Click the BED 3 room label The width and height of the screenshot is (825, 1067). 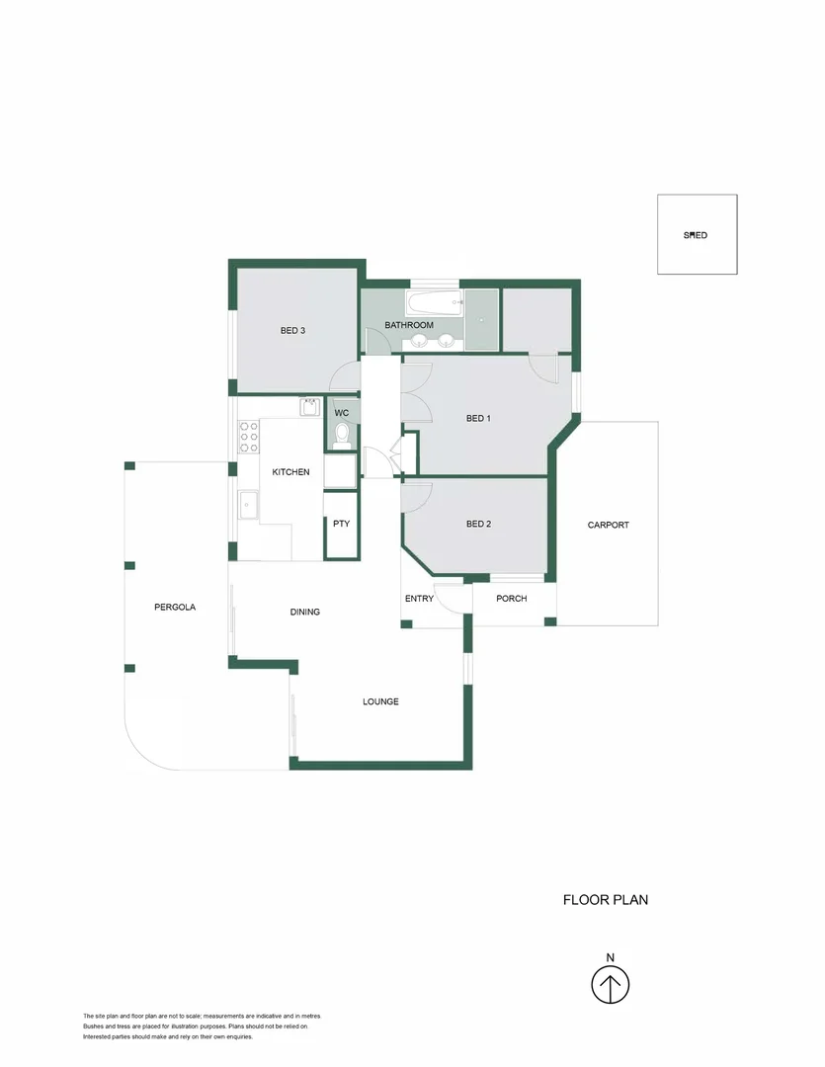(x=292, y=331)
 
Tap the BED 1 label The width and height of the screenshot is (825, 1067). (x=478, y=419)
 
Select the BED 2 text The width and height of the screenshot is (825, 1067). (x=478, y=524)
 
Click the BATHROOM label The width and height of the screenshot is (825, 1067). (x=409, y=325)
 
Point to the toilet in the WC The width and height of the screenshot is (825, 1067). (x=342, y=435)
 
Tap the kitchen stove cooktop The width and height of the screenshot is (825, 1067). (x=249, y=436)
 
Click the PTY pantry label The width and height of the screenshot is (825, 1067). (x=341, y=524)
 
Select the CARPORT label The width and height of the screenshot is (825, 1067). (x=608, y=525)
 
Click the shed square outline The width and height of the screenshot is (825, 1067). (x=697, y=235)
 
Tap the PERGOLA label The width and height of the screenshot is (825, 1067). (x=175, y=608)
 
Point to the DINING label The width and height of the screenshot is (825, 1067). (x=304, y=612)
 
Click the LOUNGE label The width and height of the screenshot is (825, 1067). (x=380, y=701)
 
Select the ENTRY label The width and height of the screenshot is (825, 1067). (x=419, y=599)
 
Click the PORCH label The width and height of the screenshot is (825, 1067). (x=511, y=599)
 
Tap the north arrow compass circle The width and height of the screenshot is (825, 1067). (x=611, y=985)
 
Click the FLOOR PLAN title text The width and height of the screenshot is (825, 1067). (x=605, y=900)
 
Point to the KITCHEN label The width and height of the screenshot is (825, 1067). (x=290, y=472)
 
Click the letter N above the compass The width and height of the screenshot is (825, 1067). (x=611, y=957)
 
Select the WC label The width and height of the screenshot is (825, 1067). (x=342, y=413)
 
